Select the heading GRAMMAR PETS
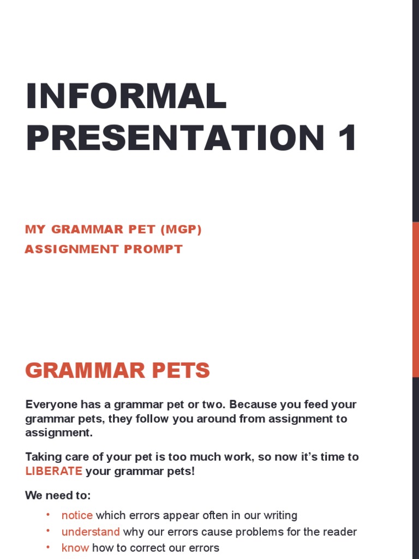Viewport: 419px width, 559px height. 117,371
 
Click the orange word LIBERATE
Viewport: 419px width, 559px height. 53,471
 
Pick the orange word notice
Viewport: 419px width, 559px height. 77,515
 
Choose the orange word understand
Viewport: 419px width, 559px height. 91,532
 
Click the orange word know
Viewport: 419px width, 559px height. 75,548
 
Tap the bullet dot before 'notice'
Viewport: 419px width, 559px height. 48,515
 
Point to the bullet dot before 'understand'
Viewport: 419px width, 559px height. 48,531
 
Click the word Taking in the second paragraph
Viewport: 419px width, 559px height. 43,457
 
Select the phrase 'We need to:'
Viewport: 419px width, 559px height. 58,496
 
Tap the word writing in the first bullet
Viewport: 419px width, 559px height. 278,515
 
